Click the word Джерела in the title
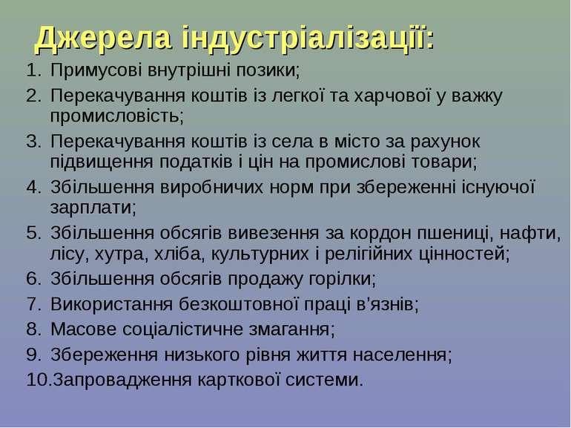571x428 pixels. (103, 39)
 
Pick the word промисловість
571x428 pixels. (117, 116)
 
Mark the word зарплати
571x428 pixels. (93, 208)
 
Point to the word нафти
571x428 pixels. (530, 233)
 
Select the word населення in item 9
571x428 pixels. (402, 355)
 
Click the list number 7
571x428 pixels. (33, 304)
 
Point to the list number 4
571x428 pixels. (33, 187)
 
